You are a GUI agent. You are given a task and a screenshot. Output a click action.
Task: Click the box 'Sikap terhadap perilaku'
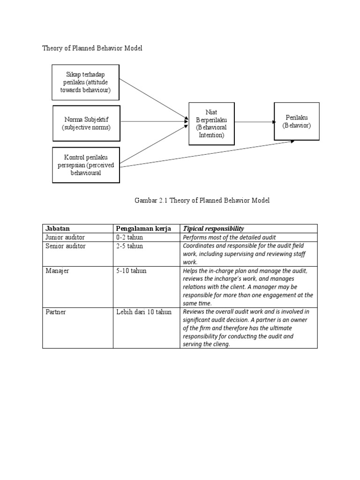86,82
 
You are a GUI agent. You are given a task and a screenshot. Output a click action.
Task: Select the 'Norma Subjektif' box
86,123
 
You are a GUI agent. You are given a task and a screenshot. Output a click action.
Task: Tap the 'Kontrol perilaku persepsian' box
86,165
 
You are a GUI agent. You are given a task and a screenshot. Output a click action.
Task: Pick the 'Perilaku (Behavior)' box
296,121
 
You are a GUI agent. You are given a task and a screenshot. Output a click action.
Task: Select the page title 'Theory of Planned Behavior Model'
92,48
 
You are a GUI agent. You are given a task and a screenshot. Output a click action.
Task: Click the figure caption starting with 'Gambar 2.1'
202,200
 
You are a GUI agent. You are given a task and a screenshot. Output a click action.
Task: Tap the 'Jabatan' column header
58,229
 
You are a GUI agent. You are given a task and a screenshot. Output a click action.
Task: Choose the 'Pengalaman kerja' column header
143,229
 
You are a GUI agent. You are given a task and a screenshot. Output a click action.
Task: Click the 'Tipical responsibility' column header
214,229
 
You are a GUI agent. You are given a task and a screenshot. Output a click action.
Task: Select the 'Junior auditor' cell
65,237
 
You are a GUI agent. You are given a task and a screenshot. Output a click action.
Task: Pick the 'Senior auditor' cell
66,246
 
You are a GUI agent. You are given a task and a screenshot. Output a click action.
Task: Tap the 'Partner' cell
57,312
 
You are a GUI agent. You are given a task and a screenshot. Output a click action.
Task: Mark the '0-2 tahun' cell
130,237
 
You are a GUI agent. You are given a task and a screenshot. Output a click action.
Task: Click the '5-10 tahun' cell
131,271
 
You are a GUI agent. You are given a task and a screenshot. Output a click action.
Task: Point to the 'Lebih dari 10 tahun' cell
144,312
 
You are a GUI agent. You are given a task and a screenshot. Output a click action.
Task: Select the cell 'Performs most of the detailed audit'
232,238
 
